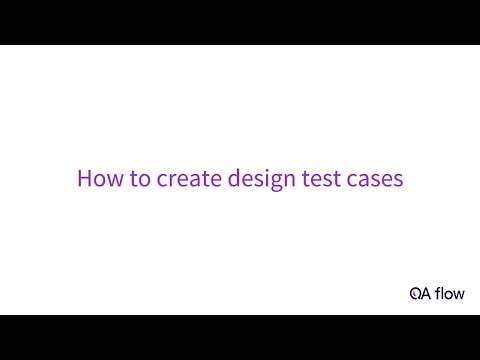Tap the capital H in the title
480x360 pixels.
click(x=84, y=180)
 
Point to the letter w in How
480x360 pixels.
click(x=110, y=181)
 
